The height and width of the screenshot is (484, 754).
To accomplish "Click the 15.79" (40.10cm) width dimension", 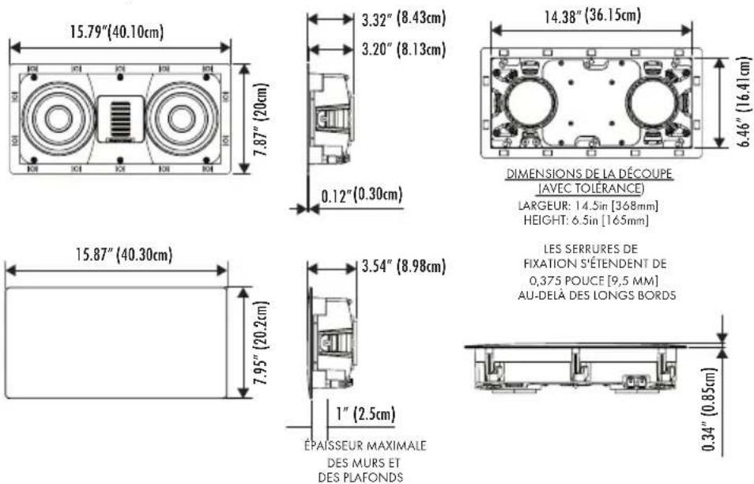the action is coord(117,32).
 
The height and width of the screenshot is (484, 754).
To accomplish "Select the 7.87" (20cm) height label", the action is coord(262,119).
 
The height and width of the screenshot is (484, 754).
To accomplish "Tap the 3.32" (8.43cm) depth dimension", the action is coord(404,18).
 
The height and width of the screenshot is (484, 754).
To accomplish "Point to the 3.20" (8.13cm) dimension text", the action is coord(404,49).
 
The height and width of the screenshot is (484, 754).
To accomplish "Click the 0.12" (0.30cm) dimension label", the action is coord(362,195).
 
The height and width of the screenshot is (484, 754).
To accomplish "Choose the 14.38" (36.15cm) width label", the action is coord(593,16).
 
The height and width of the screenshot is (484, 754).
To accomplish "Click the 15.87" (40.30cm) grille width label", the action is coord(124,255).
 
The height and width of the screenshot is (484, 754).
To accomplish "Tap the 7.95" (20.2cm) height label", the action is coord(262,343).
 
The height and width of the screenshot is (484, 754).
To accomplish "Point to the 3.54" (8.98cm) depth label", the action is coord(404,266).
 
